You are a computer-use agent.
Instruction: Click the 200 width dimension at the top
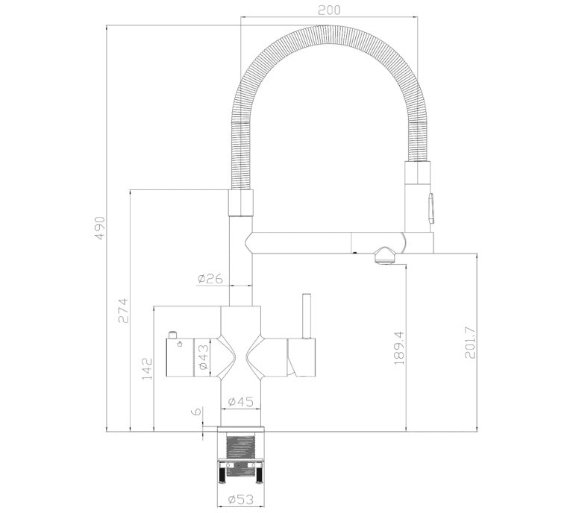pos(329,10)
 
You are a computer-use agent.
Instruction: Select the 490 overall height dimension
pos(100,228)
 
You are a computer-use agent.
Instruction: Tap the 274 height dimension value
pos(124,311)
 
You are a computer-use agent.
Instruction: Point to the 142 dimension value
pos(147,369)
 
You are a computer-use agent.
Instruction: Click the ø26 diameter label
pos(210,279)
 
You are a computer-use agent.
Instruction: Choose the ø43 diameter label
pos(204,356)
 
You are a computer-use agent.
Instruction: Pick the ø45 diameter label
pos(240,402)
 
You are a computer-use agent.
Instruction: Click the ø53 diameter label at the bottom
pos(240,499)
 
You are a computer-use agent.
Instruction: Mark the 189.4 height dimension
pos(399,348)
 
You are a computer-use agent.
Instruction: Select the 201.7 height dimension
pos(470,342)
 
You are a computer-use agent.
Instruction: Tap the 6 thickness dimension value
pos(196,412)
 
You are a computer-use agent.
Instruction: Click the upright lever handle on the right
pos(306,316)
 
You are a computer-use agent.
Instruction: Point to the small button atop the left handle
pos(172,335)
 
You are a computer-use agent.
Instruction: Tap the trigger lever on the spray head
pos(431,208)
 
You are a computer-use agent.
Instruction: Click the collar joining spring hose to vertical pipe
pos(240,203)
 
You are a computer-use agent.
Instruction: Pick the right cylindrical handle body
pos(302,357)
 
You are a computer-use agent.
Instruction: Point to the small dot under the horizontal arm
pos(354,253)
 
